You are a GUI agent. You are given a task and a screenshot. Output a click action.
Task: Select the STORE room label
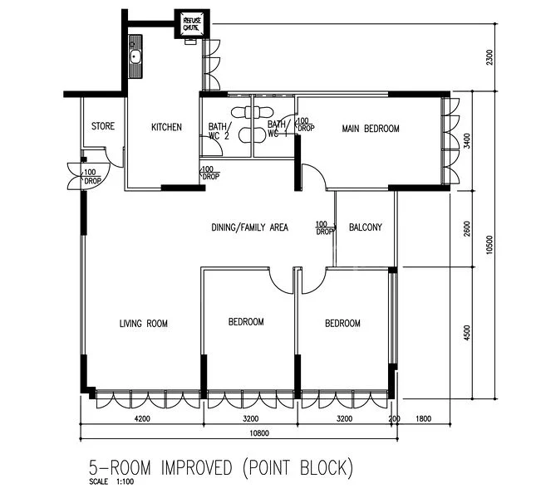coord(102,127)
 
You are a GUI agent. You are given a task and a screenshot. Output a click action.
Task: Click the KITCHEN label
coord(166,127)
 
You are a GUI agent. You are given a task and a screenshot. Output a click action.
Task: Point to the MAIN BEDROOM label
coord(371,129)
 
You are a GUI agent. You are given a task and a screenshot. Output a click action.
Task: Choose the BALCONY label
coord(366,227)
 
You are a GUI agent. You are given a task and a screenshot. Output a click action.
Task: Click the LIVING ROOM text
coord(144,323)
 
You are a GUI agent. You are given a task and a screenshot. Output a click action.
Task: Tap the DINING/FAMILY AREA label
coord(249,226)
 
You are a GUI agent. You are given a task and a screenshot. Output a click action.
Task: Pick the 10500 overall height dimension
coord(490,243)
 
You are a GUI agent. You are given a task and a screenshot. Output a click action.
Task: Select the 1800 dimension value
coord(425,420)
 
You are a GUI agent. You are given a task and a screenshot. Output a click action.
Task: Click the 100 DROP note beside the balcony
coord(324,227)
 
